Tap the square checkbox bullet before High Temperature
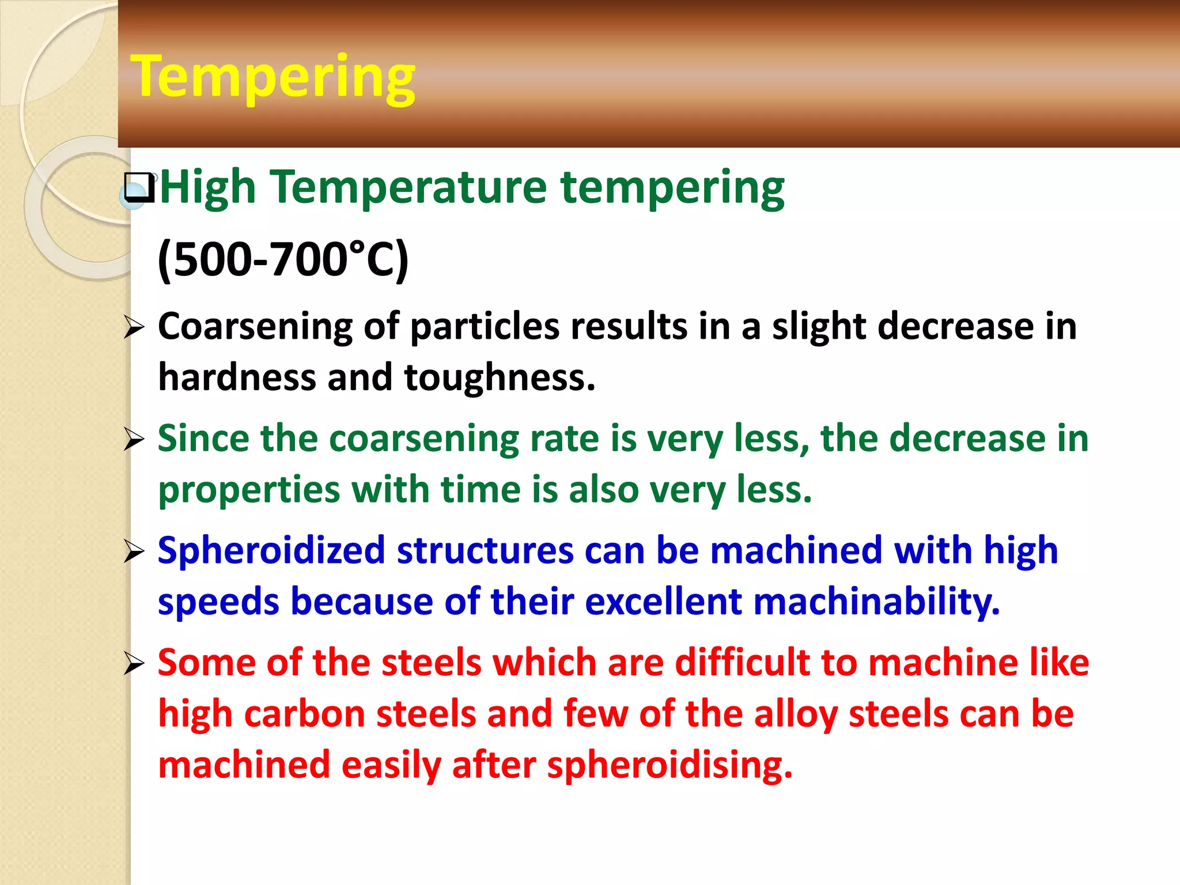pos(139,188)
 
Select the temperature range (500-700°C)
pos(283,259)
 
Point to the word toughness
pos(499,377)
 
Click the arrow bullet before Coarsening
pos(134,328)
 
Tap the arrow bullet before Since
pos(134,440)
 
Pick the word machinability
pos(876,602)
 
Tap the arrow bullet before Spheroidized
pos(134,553)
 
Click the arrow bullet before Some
pos(134,664)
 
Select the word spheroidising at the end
pos(670,765)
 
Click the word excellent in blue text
pos(663,602)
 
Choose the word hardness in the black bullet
pos(237,377)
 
